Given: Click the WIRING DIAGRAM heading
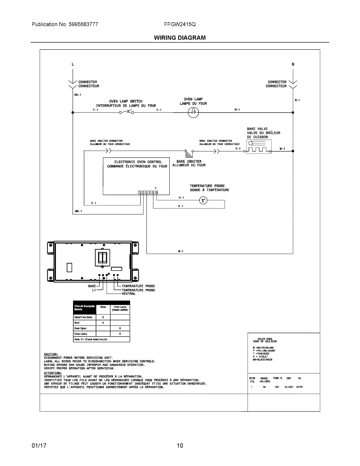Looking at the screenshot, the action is [x=180, y=38].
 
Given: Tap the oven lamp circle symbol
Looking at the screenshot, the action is [x=193, y=113].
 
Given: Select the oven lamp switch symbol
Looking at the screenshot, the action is [x=127, y=112].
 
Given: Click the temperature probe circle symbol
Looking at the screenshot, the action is [x=203, y=200].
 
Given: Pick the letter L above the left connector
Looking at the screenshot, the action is [x=73, y=64].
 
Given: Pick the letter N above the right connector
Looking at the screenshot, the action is [x=293, y=64].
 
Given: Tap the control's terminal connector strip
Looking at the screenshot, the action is [x=148, y=192].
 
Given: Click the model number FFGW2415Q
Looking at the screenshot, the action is [x=180, y=24].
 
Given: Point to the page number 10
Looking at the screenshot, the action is [x=180, y=445].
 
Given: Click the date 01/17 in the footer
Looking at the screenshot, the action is [x=39, y=445].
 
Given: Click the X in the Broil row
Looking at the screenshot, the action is [x=103, y=323].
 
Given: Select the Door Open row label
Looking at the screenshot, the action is [x=80, y=328].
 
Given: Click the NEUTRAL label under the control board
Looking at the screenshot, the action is [x=129, y=294].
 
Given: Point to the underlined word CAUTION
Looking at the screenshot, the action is [x=51, y=354].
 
